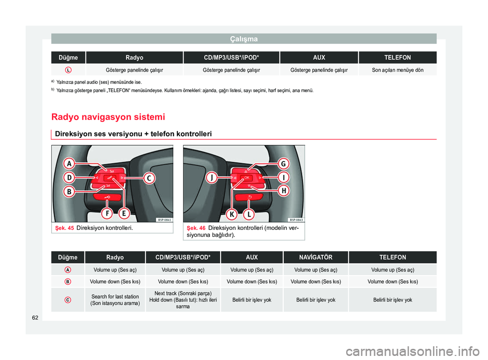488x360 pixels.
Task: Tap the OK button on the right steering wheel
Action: [246, 177]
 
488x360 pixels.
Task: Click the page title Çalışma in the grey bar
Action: [243, 39]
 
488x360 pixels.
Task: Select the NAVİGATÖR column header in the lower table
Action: [316, 257]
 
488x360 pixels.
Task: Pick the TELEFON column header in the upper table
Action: [398, 57]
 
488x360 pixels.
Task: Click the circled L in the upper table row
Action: [68, 69]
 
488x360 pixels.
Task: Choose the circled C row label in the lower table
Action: [68, 299]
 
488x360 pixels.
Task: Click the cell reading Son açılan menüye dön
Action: [398, 69]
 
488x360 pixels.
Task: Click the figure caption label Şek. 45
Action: [63, 228]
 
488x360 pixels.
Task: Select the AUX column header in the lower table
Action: [252, 257]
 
